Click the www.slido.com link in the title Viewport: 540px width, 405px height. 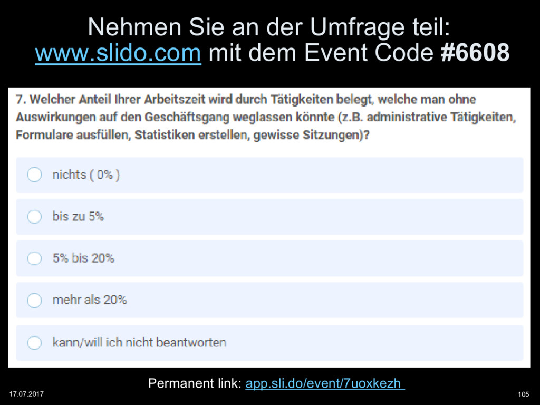[x=118, y=53]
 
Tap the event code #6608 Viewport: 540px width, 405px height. [x=475, y=53]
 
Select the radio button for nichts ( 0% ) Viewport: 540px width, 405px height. [x=34, y=175]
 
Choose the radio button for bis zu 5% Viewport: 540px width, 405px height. [x=34, y=216]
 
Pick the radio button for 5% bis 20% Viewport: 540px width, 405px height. [x=34, y=258]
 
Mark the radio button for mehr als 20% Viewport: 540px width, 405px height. [x=34, y=300]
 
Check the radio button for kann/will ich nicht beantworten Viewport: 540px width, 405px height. [x=34, y=342]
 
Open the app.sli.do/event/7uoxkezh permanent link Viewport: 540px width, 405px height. [x=325, y=383]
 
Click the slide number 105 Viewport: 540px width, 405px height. [x=524, y=394]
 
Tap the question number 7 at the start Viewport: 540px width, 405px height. [x=20, y=99]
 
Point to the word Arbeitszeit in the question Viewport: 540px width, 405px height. [x=176, y=99]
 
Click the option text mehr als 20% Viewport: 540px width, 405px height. [x=89, y=300]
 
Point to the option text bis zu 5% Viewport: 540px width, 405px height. [x=78, y=216]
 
